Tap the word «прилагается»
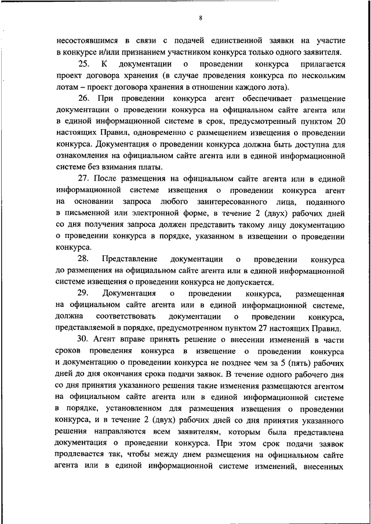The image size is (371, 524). (x=322, y=64)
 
